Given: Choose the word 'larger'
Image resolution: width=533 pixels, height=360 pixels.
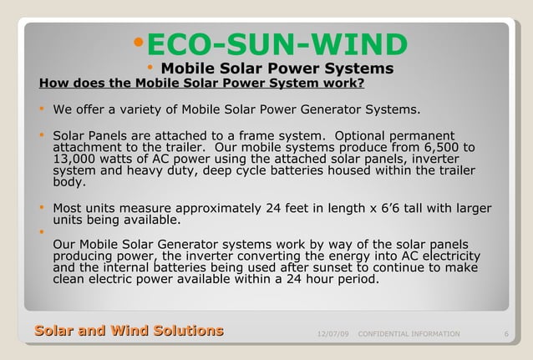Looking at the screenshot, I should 470,209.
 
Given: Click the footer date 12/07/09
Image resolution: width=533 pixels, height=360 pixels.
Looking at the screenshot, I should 333,334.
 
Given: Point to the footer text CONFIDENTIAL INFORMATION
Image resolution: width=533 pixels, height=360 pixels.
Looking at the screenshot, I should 408,334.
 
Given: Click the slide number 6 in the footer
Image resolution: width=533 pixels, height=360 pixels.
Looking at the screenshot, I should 506,334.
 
